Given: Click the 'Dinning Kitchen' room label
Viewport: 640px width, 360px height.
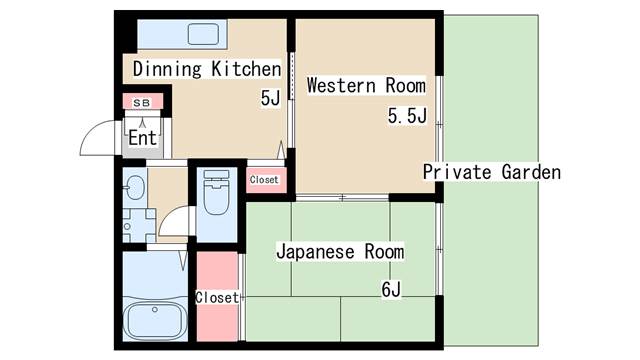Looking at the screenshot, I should pyautogui.click(x=207, y=69).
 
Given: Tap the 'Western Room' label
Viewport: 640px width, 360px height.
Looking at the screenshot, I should pyautogui.click(x=366, y=85).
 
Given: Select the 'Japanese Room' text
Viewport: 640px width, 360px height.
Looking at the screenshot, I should pyautogui.click(x=340, y=251).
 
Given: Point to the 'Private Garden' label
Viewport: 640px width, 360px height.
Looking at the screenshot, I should pyautogui.click(x=491, y=172).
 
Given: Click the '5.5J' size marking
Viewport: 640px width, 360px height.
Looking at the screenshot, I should pyautogui.click(x=407, y=117).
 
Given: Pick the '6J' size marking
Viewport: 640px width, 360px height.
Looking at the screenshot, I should pyautogui.click(x=390, y=291).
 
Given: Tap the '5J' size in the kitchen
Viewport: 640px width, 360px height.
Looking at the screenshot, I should pyautogui.click(x=270, y=98).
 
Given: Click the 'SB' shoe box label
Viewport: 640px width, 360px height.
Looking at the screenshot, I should pyautogui.click(x=142, y=102).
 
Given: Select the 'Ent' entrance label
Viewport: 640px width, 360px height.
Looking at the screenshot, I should pyautogui.click(x=142, y=138).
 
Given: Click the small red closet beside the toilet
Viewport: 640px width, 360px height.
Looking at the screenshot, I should pyautogui.click(x=265, y=180).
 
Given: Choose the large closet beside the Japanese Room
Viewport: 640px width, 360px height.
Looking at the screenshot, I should pyautogui.click(x=217, y=297).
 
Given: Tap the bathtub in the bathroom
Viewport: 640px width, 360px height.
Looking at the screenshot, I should pyautogui.click(x=155, y=321).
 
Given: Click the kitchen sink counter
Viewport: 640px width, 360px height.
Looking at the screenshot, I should pyautogui.click(x=181, y=33).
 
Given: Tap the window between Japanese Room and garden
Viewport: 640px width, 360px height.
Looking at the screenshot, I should pyautogui.click(x=438, y=250).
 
